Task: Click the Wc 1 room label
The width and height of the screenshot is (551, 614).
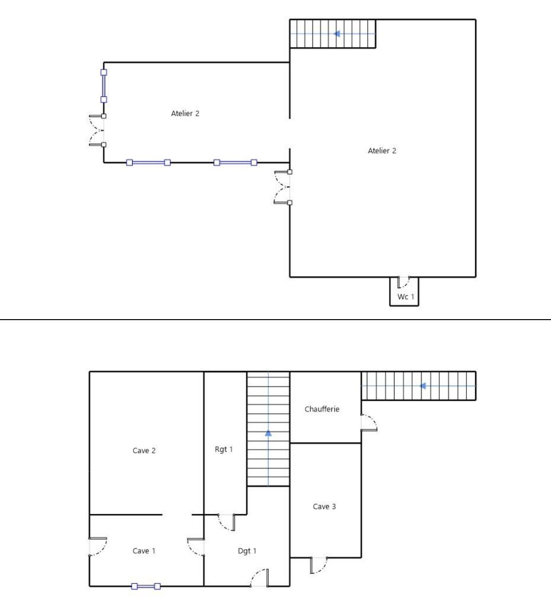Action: coord(406,297)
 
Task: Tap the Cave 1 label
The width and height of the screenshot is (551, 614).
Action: coord(144,551)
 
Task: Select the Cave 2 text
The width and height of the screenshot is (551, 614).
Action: coord(144,451)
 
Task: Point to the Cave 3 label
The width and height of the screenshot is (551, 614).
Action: coord(324,507)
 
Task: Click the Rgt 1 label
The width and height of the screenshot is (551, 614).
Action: coord(224,449)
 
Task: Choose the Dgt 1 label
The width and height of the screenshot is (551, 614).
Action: coord(247,551)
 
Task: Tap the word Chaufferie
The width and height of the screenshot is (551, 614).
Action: coord(322,409)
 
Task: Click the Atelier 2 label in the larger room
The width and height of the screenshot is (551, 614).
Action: coord(382,151)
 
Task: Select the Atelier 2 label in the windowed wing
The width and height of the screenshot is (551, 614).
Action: coord(185,113)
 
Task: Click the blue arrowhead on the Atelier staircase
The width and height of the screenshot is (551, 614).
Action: coord(337,34)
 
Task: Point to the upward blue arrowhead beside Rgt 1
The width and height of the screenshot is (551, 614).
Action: coord(268,433)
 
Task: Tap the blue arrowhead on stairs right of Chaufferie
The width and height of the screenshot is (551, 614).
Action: coord(422,386)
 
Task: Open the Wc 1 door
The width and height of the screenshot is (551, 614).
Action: coord(404,282)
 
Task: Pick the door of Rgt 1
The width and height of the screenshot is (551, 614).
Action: coord(226,523)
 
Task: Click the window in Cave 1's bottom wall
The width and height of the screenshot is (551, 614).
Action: coord(146,586)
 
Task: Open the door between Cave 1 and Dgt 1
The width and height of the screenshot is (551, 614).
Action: coord(196,547)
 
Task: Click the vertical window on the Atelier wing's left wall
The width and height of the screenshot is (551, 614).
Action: coord(103,86)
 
